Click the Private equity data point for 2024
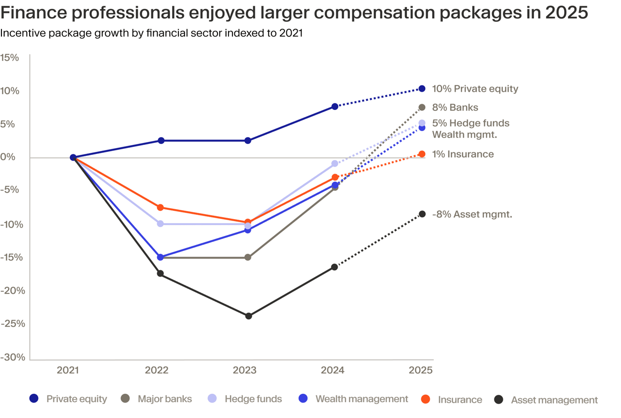pos(335,106)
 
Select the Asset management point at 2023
pos(249,316)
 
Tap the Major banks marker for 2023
pos(248,257)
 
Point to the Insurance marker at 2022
pos(160,207)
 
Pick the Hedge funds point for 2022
pos(160,224)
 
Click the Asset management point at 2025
pos(422,214)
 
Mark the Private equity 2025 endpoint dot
pos(422,89)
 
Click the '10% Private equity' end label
pos(475,89)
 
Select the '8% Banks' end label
pos(455,107)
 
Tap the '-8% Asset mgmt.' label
pos(472,215)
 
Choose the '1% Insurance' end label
pos(463,154)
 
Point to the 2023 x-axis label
pos(244,370)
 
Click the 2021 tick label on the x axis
pos(68,370)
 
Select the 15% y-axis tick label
pos(10,57)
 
